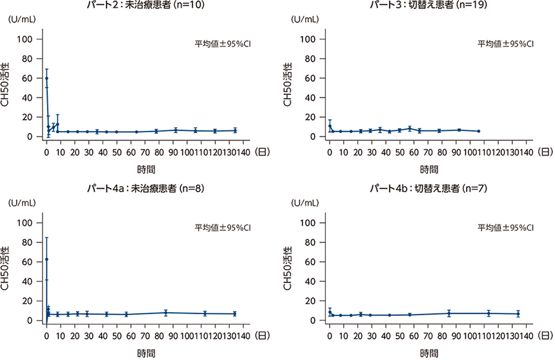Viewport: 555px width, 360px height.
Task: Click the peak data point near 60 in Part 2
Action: (x=46, y=78)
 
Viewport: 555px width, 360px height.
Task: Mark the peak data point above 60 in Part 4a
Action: (x=46, y=259)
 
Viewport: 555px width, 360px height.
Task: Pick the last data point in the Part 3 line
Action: (x=478, y=131)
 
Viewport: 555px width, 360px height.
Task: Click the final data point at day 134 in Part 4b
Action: (x=518, y=314)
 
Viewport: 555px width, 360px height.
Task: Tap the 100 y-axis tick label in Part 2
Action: (x=30, y=39)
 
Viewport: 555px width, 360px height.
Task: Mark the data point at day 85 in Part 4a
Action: (x=166, y=313)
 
